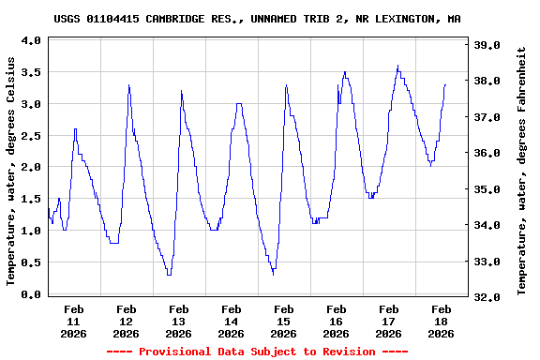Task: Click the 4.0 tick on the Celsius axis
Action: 30,41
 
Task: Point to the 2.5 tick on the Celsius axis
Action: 30,136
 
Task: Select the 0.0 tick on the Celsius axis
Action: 30,294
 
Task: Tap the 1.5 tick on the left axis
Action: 30,199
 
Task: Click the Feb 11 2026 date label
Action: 73,320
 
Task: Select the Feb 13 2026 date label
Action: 178,320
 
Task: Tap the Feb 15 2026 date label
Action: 283,320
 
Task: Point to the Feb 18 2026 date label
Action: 441,320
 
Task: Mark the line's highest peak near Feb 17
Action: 398,66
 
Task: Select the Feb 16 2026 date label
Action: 336,320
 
